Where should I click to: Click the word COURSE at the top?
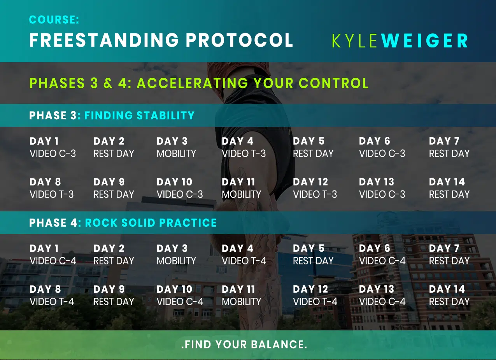tap(53, 19)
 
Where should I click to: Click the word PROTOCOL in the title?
tap(239, 40)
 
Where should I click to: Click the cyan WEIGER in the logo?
tap(424, 41)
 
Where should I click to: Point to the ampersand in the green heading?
tap(108, 83)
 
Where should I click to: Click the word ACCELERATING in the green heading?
tap(193, 83)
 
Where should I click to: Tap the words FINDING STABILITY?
tap(139, 115)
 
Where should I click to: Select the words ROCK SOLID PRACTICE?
tap(151, 223)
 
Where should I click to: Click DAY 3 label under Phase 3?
tap(172, 141)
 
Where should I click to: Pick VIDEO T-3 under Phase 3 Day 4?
tap(244, 154)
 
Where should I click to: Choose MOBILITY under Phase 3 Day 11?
tap(242, 194)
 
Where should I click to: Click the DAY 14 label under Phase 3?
tap(447, 182)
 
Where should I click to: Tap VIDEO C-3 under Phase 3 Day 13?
tap(382, 194)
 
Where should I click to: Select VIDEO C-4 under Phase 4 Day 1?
tap(53, 261)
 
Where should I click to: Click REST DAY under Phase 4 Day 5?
tap(313, 261)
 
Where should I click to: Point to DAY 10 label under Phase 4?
tap(175, 289)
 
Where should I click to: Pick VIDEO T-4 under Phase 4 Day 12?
tap(315, 302)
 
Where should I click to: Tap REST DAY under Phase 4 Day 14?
tap(449, 302)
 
